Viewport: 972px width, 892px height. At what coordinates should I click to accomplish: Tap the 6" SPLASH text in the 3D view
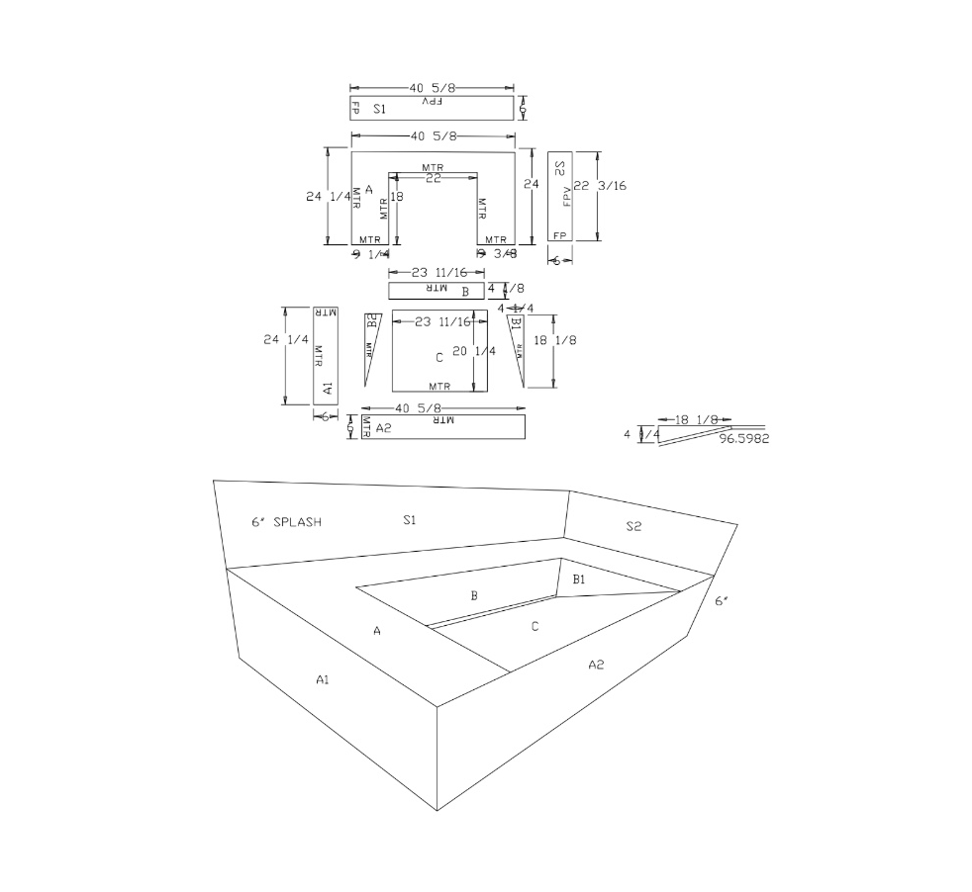click(x=286, y=521)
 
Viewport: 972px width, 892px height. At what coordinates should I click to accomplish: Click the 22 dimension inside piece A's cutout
click(x=433, y=177)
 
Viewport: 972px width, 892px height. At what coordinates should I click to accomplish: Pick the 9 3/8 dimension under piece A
click(x=496, y=254)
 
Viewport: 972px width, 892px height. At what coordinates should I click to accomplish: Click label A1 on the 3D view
click(x=323, y=678)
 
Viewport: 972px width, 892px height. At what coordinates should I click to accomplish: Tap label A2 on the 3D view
click(x=596, y=665)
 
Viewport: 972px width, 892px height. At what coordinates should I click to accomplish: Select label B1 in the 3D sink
click(x=580, y=580)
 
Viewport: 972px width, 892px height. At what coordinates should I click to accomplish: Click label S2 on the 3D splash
click(x=633, y=526)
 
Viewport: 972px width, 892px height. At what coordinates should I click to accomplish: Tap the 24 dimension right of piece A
click(x=532, y=185)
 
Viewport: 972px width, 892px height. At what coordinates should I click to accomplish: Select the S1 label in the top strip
click(x=380, y=108)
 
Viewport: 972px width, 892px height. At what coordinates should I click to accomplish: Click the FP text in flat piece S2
click(x=559, y=235)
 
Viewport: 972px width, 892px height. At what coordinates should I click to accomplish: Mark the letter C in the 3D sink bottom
click(x=535, y=626)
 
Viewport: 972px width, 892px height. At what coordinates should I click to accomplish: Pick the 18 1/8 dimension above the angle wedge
click(x=695, y=420)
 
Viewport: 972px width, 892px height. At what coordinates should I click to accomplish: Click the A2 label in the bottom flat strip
click(x=384, y=427)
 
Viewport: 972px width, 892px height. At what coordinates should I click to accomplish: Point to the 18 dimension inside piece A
click(x=399, y=197)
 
